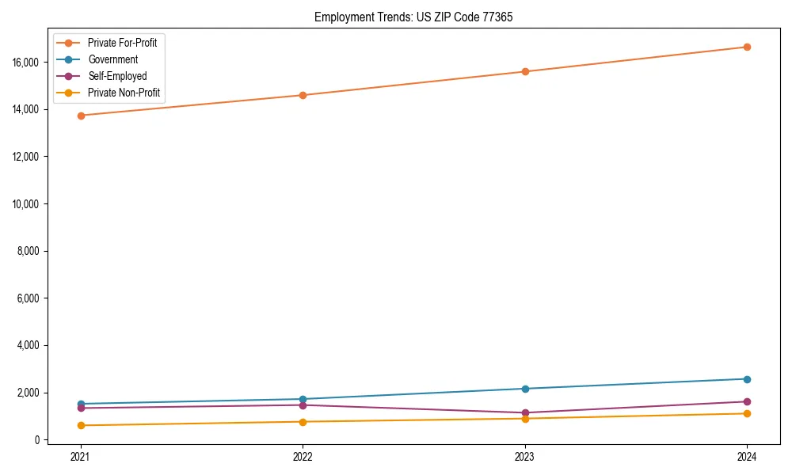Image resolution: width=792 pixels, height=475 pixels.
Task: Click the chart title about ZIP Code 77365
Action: tap(413, 17)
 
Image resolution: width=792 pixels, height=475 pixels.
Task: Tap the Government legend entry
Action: tap(112, 59)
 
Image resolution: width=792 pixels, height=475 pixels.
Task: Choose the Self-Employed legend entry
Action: tap(117, 76)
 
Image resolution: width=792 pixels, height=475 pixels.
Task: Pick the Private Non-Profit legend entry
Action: tap(124, 93)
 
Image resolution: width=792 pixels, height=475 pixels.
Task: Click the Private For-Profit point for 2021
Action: tap(80, 116)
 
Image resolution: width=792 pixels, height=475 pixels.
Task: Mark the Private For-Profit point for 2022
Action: tap(303, 95)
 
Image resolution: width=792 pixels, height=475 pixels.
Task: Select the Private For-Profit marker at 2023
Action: tap(525, 71)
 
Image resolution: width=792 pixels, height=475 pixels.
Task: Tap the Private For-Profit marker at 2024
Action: tap(747, 47)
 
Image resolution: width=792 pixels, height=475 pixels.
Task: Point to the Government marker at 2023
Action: tap(525, 389)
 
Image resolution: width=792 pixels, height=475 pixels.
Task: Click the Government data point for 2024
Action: tap(747, 379)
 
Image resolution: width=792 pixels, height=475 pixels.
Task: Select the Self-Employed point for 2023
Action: tap(525, 412)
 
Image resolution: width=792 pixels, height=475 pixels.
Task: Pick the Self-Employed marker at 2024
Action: tap(747, 401)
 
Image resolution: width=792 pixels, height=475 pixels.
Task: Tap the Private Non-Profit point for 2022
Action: tap(303, 422)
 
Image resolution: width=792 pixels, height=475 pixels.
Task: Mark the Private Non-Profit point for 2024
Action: tap(747, 413)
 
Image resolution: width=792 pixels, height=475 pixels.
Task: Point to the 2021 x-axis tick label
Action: tap(80, 457)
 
